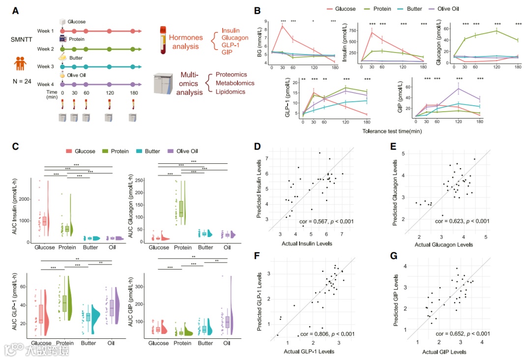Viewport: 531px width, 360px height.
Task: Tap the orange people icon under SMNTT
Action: pyautogui.click(x=20, y=63)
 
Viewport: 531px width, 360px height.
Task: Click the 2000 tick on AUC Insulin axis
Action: pyautogui.click(x=23, y=199)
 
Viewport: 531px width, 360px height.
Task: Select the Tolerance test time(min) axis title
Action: pyautogui.click(x=392, y=131)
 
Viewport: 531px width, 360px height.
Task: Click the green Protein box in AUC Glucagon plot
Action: pyautogui.click(x=181, y=209)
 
